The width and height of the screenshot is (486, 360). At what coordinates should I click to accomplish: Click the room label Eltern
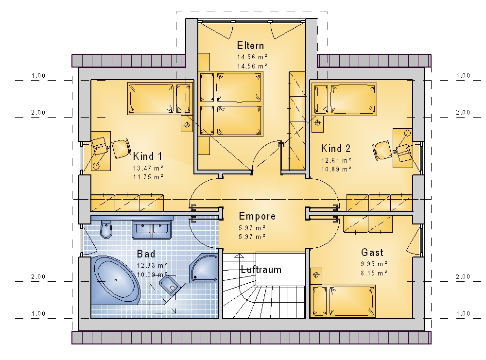click(250, 46)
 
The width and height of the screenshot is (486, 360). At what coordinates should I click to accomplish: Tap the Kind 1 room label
click(148, 156)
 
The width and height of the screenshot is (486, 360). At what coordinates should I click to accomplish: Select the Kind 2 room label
click(336, 148)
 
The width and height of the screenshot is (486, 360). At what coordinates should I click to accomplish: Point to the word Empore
click(257, 216)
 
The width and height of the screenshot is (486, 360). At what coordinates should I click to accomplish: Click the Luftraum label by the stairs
click(261, 270)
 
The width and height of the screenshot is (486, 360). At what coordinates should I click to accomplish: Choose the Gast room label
click(372, 253)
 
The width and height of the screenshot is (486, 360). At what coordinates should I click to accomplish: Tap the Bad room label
click(146, 254)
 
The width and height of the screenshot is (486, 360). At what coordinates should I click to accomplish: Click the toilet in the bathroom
click(106, 229)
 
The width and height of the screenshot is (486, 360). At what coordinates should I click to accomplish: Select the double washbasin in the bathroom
click(152, 230)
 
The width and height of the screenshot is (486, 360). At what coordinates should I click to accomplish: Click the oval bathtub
click(116, 280)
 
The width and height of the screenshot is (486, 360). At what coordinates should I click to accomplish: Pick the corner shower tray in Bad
click(204, 268)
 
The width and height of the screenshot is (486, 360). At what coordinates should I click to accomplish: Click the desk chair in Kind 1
click(121, 149)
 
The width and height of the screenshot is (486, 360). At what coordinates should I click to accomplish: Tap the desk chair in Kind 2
click(383, 151)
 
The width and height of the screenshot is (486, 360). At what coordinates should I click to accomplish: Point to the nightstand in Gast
click(316, 274)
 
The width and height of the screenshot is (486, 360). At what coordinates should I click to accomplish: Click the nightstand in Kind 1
click(187, 125)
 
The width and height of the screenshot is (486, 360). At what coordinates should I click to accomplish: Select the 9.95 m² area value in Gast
click(374, 264)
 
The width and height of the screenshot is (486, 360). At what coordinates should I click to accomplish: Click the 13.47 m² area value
click(148, 168)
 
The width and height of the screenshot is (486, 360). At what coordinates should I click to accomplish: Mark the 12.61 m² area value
click(336, 160)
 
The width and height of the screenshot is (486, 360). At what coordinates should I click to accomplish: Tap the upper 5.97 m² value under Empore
click(252, 228)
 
